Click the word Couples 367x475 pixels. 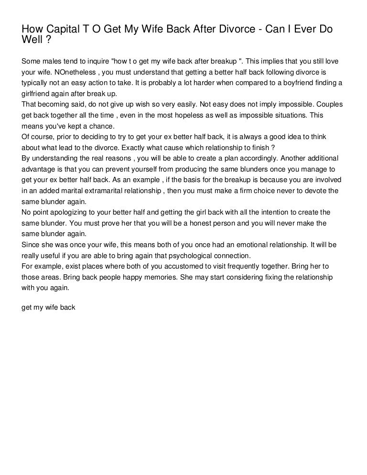(327, 105)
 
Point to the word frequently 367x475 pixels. (250, 266)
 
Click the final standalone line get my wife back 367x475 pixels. (49, 308)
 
